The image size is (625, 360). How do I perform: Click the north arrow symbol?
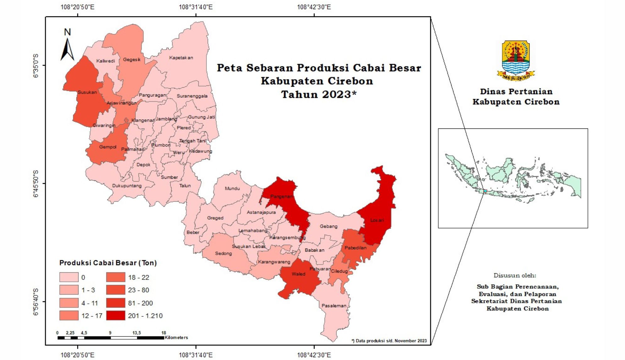[67, 49]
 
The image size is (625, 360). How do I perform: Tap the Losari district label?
[377, 220]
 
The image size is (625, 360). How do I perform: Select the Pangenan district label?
[281, 196]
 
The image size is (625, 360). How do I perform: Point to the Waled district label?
[298, 274]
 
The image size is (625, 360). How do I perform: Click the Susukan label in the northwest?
[87, 92]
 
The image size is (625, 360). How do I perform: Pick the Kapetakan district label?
[181, 58]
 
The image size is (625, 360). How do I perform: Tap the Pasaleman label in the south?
[334, 306]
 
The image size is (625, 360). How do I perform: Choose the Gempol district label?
[108, 147]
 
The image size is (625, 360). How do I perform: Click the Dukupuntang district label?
[127, 186]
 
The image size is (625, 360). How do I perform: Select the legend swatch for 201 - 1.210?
[116, 316]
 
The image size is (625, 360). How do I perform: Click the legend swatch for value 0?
[69, 277]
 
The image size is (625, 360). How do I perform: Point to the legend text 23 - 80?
[138, 290]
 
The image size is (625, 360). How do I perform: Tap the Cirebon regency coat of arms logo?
[516, 60]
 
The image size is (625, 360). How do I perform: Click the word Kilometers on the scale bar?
[176, 338]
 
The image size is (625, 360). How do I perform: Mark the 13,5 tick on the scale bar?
[136, 333]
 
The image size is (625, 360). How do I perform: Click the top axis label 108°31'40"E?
[195, 7]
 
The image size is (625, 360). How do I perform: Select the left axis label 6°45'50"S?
[35, 184]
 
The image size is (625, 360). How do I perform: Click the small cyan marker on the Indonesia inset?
[485, 191]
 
